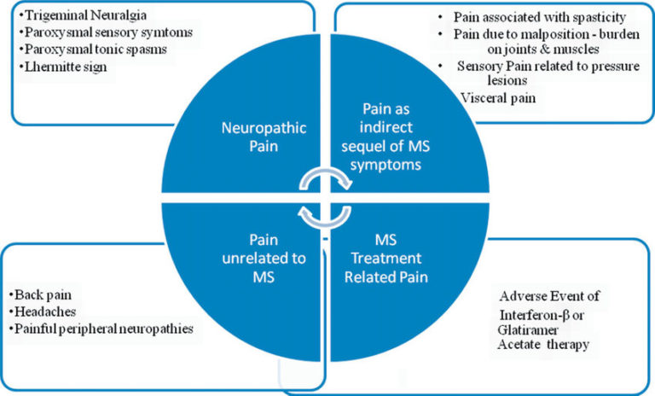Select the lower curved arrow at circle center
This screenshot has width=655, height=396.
(327, 215)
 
